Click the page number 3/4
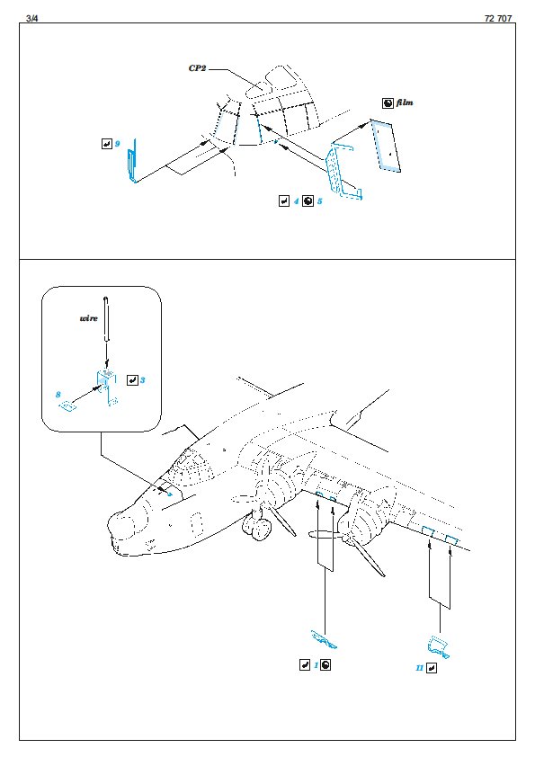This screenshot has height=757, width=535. [31, 18]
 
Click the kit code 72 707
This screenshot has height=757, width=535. [498, 18]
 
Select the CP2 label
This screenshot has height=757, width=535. [197, 68]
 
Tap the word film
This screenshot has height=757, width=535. [405, 102]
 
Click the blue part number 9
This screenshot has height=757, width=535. [117, 143]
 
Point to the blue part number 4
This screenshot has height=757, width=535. [296, 200]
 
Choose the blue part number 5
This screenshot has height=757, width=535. [319, 200]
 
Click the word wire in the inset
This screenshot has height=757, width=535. [88, 318]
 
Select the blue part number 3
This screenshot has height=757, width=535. [142, 380]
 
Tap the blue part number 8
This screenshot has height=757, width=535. [58, 395]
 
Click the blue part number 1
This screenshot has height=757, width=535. [317, 664]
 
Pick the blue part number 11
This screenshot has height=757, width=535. [419, 668]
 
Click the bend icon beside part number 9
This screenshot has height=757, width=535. [107, 143]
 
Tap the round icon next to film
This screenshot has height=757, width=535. [388, 102]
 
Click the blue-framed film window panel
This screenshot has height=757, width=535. [386, 146]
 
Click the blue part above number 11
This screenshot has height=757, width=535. [439, 647]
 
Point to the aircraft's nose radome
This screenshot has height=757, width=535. [119, 525]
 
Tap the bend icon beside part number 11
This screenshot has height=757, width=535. [432, 668]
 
